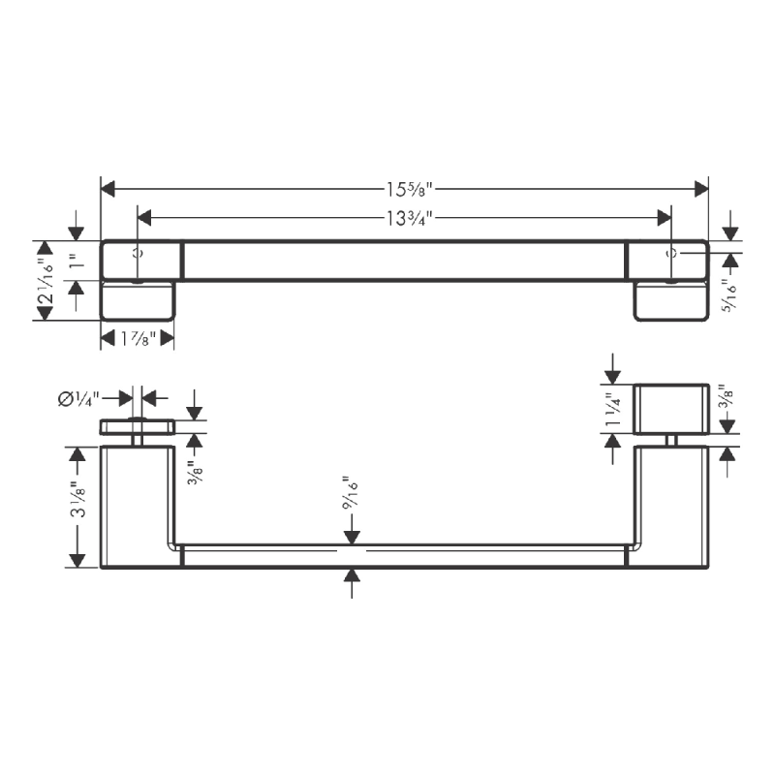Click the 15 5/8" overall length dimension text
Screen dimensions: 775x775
click(405, 187)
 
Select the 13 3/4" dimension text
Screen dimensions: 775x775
click(405, 217)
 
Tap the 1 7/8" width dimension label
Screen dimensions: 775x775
click(137, 337)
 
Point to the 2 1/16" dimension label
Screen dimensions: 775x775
click(45, 281)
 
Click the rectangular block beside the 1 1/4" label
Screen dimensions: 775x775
click(671, 409)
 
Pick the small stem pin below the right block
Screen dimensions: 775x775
click(671, 440)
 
